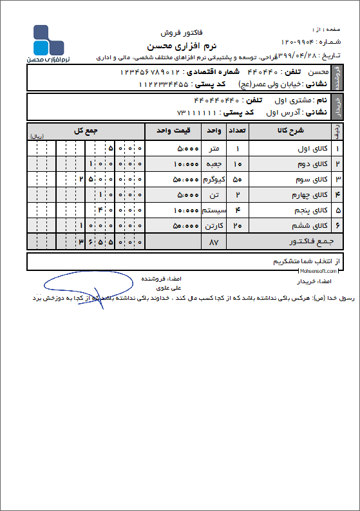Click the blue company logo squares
(48, 40)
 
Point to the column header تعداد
(237, 131)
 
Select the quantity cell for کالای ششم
(237, 226)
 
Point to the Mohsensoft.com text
(332, 272)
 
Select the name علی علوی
(172, 288)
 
